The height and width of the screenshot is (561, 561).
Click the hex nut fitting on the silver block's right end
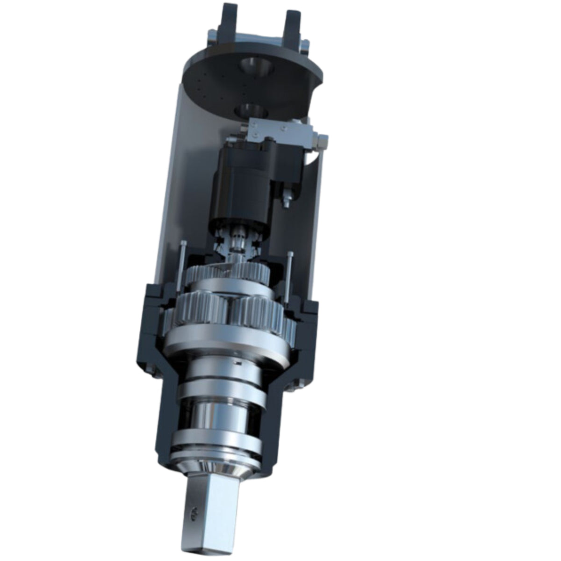[322, 139]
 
